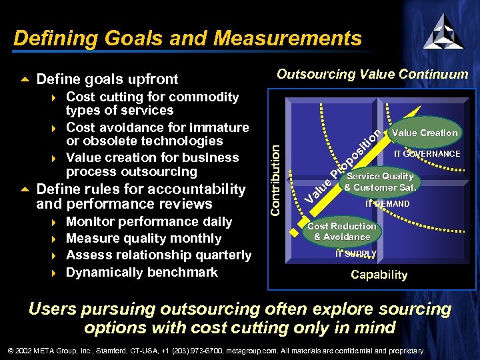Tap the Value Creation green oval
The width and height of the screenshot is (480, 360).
[x=425, y=133]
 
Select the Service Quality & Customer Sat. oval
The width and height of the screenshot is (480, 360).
[x=380, y=182]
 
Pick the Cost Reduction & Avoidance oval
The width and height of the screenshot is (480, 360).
[x=342, y=231]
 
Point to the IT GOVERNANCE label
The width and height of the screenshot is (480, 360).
[x=427, y=154]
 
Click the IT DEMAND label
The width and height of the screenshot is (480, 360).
[x=387, y=204]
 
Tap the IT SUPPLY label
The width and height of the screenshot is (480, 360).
[x=355, y=254]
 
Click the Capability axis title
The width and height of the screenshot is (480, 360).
[x=379, y=275]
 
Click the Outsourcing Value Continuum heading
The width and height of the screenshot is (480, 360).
[x=373, y=74]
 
